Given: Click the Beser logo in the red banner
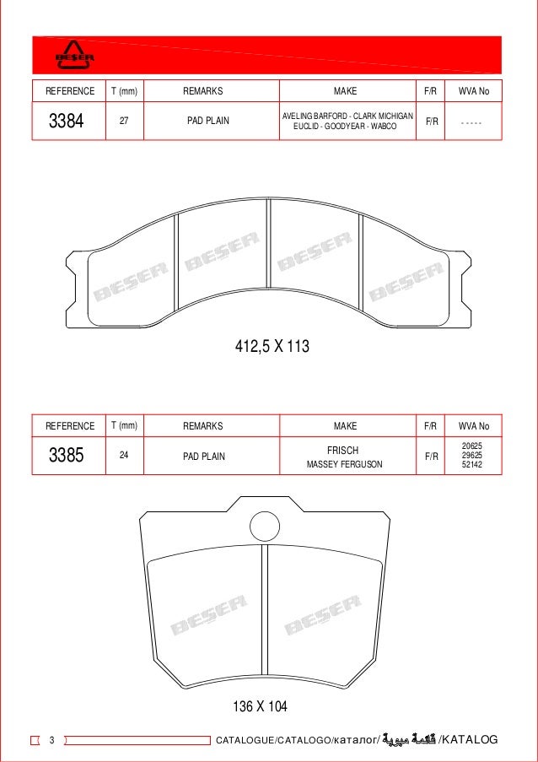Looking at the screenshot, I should tap(74, 55).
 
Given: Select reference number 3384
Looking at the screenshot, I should tap(67, 121).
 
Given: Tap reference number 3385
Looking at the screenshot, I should tap(67, 457).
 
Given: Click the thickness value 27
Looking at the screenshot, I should tap(124, 121).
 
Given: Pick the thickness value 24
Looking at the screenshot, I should tap(124, 456).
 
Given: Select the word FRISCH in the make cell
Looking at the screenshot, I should tap(343, 451).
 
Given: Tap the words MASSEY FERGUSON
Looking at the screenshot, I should tap(344, 464).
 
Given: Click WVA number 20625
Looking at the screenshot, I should tap(473, 446).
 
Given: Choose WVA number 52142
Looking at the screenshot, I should tap(473, 465).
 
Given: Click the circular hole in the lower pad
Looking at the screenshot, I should tap(265, 527).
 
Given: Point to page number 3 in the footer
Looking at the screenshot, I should tap(51, 741).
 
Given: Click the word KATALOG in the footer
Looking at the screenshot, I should tap(471, 741).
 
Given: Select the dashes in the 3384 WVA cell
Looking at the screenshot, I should tap(472, 122).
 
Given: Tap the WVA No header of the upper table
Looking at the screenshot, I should tap(473, 90).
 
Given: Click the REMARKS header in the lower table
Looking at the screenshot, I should tap(202, 426).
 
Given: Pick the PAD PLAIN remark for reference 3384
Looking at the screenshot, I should tap(207, 121).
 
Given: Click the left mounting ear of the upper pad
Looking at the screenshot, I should tap(79, 288).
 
